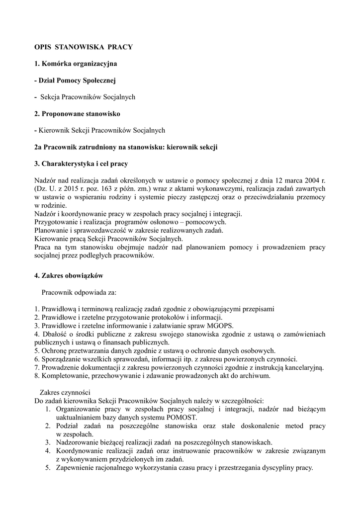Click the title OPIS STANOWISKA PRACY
pos(83,47)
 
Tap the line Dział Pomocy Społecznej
pos(76,81)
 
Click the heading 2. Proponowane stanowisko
pos(78,114)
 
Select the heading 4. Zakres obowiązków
pos(69,275)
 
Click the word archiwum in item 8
pos(254,376)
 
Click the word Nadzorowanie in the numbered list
pos(78,442)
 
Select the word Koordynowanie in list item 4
pos(80,450)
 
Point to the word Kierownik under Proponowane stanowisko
pos(53,130)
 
